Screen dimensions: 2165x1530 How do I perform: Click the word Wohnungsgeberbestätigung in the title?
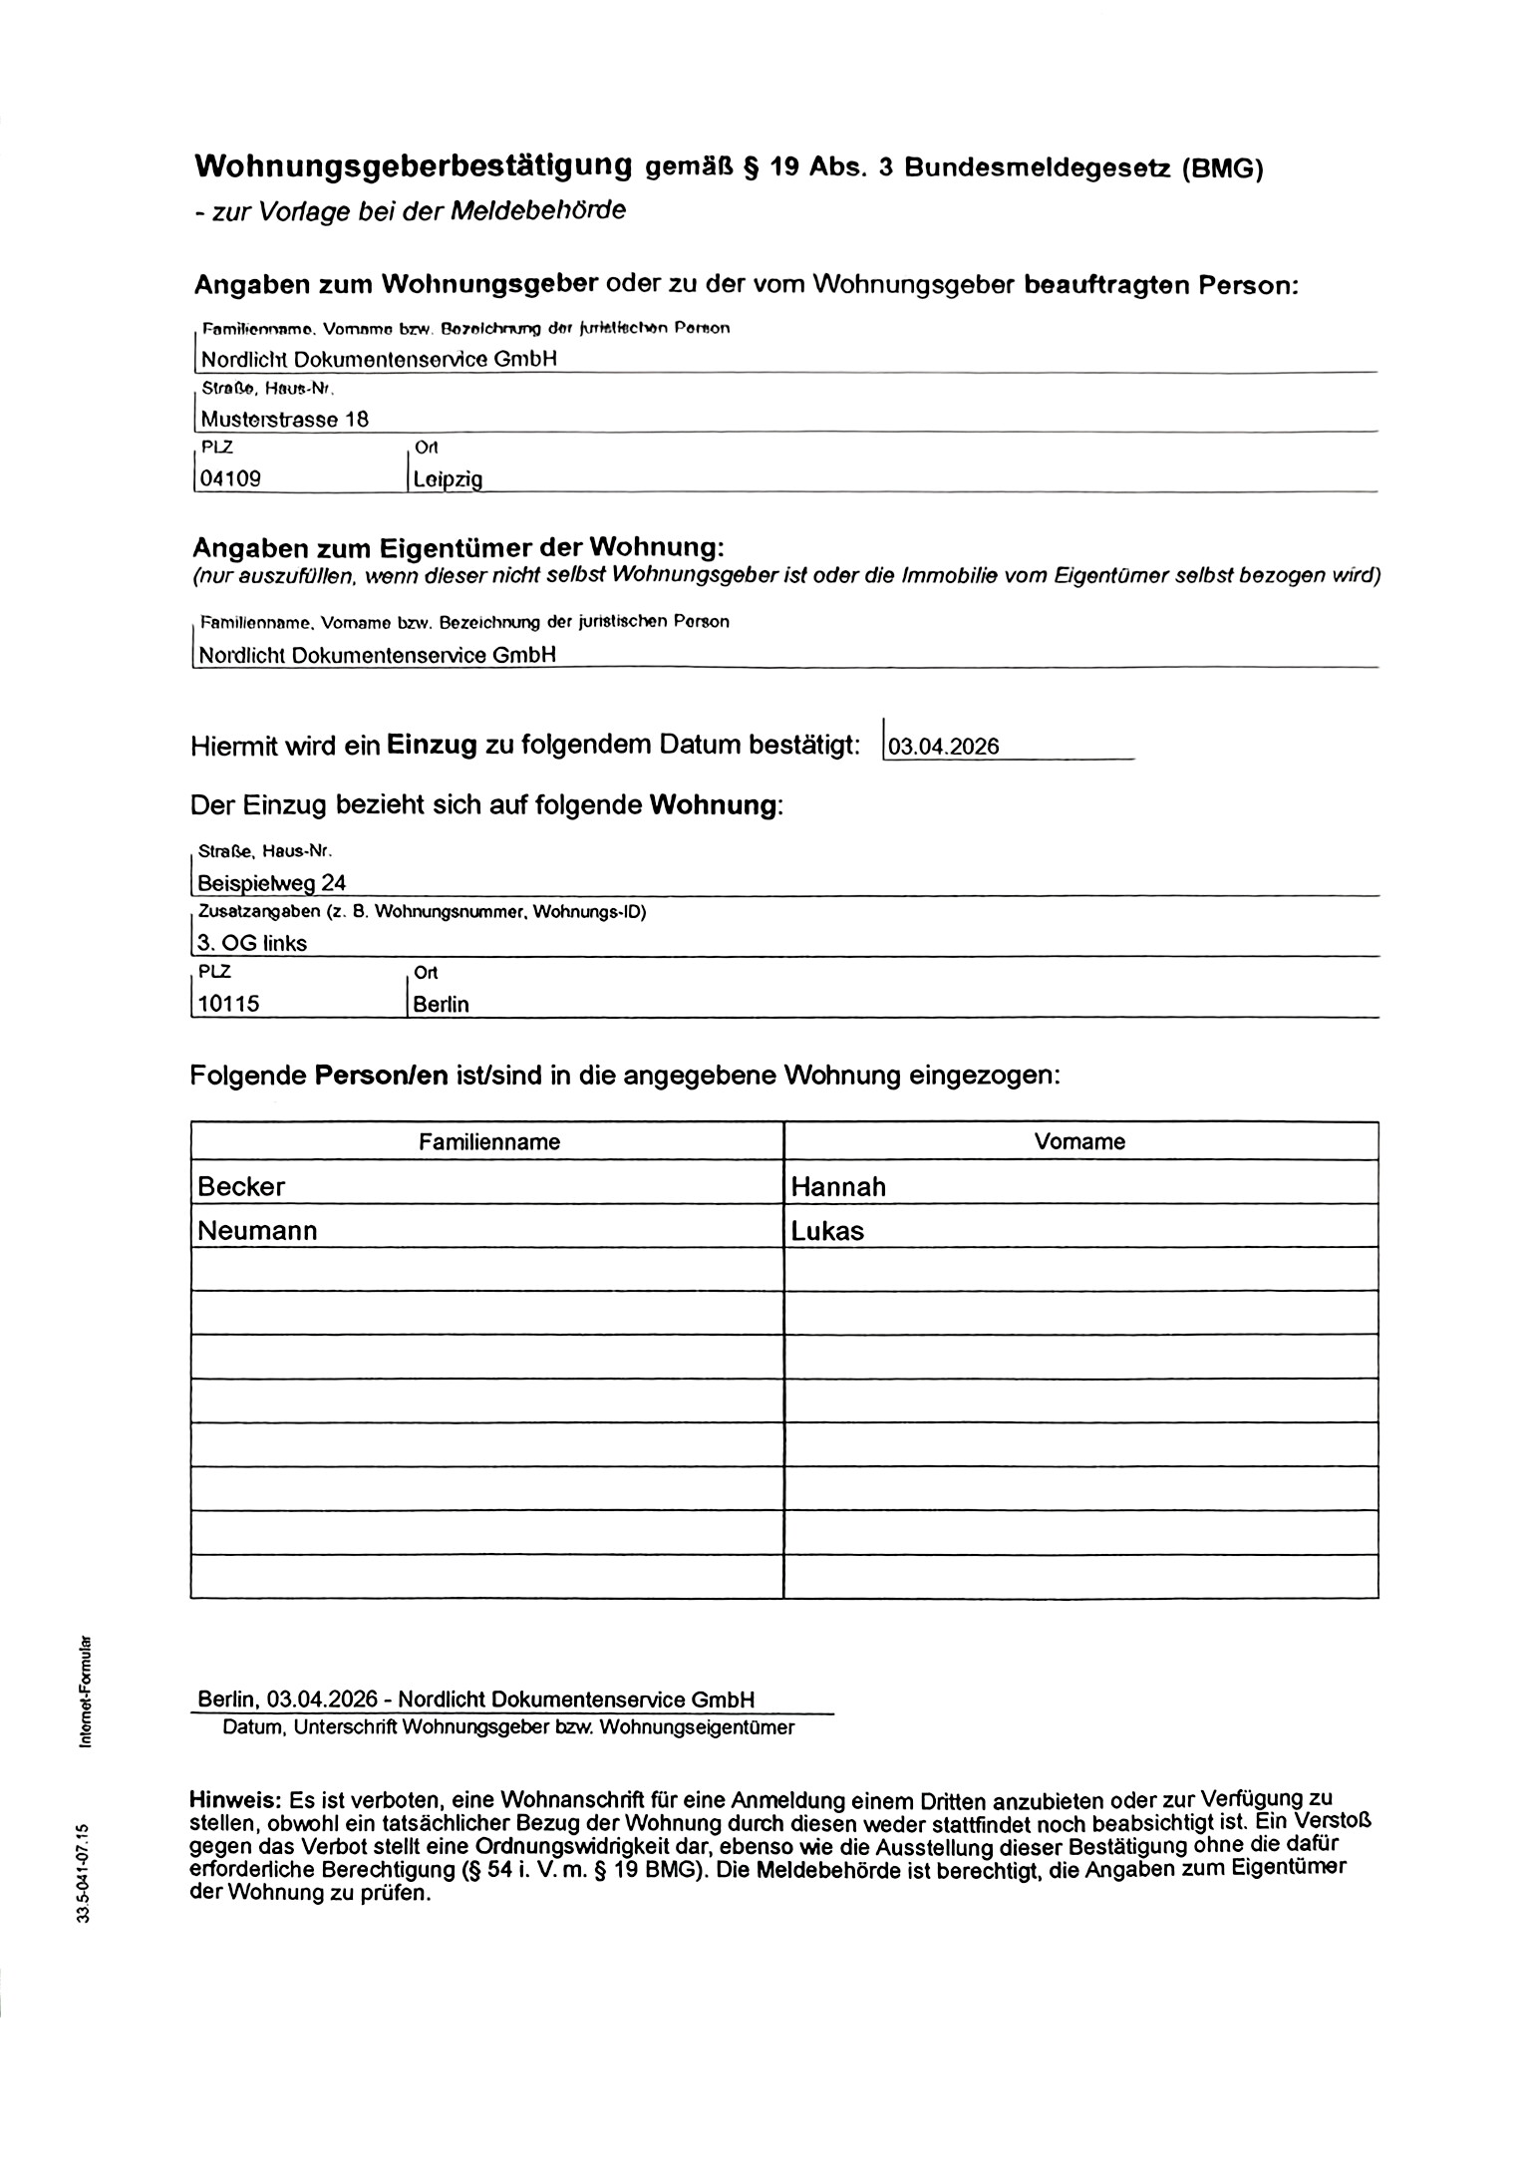point(413,166)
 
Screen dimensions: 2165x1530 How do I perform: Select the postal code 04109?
point(230,478)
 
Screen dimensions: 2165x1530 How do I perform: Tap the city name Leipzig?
point(448,479)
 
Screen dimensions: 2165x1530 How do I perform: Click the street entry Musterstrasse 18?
point(284,419)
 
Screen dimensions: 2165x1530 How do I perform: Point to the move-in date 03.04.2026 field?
point(943,747)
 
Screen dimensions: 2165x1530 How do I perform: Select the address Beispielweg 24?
point(271,882)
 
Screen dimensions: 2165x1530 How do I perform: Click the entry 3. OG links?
point(252,943)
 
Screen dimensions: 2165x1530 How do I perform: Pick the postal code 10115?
point(228,1004)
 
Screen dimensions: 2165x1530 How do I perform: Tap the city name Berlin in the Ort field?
point(441,1004)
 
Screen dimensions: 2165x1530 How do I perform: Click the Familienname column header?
point(488,1141)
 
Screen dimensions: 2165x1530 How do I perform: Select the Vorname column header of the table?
point(1079,1141)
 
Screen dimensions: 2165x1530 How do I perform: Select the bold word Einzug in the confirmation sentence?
point(432,745)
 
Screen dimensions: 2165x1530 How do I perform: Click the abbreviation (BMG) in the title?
point(1222,168)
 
